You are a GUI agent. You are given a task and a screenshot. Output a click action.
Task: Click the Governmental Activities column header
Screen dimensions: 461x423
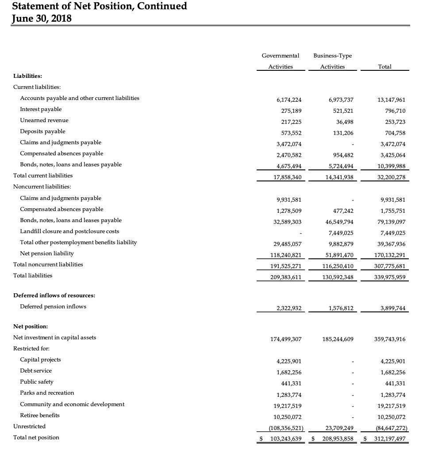tap(280, 61)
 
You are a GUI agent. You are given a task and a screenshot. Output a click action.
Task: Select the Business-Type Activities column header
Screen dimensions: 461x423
tap(332, 61)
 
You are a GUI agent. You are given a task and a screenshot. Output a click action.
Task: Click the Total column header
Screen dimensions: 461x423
tap(385, 66)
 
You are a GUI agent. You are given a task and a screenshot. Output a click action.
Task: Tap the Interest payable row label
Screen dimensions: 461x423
tap(41, 109)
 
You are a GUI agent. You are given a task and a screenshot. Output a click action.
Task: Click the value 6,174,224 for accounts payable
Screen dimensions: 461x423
tap(288, 100)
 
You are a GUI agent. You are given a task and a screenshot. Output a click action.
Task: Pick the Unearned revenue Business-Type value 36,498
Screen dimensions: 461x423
tap(344, 122)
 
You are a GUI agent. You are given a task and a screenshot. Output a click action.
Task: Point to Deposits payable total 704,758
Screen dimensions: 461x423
tap(393, 133)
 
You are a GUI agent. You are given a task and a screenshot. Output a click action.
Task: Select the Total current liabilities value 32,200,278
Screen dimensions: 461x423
tap(390, 177)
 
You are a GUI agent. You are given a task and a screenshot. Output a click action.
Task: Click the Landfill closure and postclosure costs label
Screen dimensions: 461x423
tap(69, 231)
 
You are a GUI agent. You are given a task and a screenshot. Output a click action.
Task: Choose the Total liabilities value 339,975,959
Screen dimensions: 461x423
tap(389, 277)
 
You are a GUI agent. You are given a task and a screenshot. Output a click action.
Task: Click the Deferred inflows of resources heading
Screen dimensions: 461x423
tap(54, 296)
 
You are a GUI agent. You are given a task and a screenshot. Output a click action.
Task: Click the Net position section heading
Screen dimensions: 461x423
tap(31, 327)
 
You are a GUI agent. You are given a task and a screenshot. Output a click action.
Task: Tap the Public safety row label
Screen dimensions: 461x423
tap(37, 382)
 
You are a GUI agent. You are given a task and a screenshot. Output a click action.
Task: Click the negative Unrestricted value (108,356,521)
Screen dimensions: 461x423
tap(280, 428)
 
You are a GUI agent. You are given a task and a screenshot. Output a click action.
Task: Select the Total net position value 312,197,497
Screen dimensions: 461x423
tap(387, 439)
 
